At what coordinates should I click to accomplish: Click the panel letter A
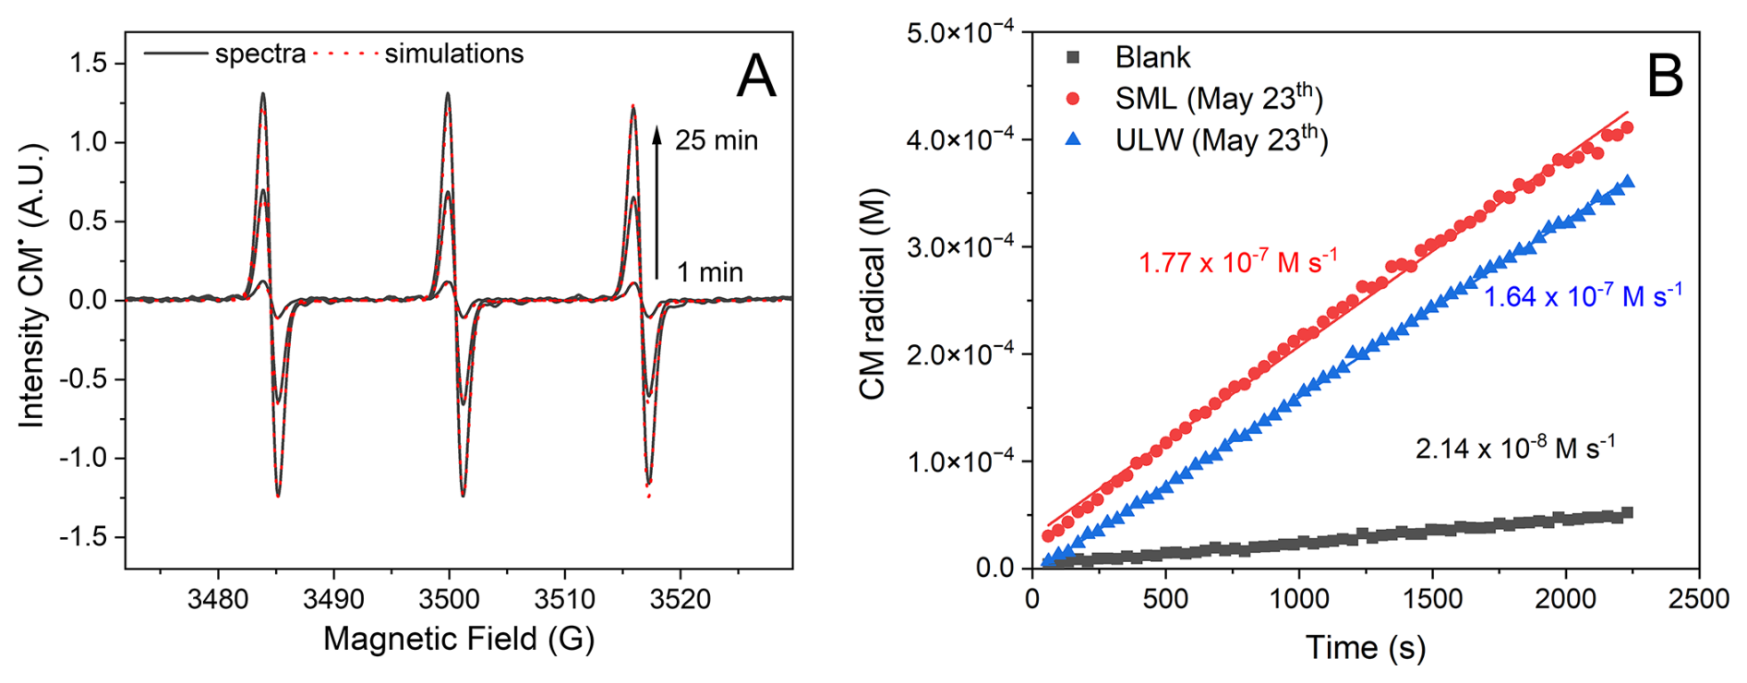(755, 76)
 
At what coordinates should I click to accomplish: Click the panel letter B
(1665, 76)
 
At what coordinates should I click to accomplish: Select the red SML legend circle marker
(1072, 99)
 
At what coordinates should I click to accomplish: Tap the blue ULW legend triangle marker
(1072, 140)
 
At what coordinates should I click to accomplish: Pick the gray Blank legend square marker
(1072, 57)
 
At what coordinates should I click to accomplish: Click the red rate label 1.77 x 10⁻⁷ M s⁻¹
(1237, 263)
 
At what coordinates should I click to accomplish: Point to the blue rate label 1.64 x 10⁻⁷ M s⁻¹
(1583, 296)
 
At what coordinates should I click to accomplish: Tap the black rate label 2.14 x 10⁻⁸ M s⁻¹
(1515, 449)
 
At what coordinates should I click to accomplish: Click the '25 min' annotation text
(716, 140)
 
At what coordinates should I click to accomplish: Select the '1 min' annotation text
(709, 272)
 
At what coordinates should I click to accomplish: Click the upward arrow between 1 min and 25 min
(657, 203)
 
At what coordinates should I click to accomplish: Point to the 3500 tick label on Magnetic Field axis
(449, 599)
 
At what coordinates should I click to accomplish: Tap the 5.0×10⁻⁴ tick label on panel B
(960, 33)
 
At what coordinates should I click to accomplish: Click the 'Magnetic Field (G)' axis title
(458, 639)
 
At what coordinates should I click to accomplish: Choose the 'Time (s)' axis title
(1365, 648)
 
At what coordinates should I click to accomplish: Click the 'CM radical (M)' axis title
(873, 294)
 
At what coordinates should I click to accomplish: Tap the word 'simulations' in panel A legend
(453, 54)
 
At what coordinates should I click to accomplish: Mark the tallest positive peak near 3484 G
(263, 94)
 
